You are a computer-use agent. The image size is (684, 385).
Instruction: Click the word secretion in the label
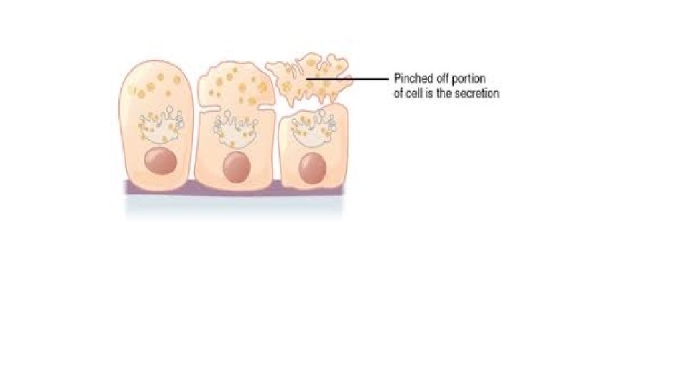476,93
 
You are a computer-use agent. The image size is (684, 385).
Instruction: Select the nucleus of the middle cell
236,168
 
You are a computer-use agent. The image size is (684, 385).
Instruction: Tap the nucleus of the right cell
312,168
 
